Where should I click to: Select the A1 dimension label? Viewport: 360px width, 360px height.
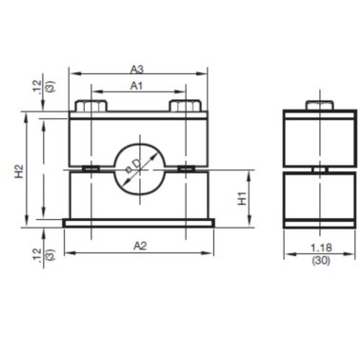click(x=137, y=86)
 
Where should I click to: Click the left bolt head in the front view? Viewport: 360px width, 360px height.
click(x=91, y=105)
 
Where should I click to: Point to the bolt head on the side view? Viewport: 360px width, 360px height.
click(x=319, y=105)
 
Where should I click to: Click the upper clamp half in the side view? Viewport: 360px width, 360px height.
click(x=319, y=138)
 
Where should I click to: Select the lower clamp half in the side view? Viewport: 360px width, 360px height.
click(x=319, y=195)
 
